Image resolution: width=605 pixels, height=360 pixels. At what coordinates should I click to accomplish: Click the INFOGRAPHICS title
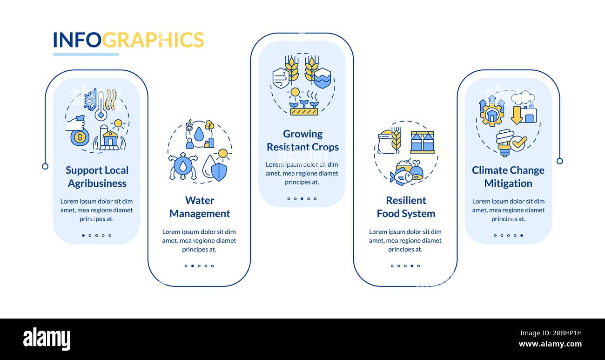pyautogui.click(x=128, y=40)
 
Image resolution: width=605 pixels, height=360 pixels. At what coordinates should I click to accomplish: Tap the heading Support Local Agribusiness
pyautogui.click(x=97, y=177)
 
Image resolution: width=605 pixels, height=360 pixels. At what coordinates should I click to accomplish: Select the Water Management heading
pyautogui.click(x=200, y=207)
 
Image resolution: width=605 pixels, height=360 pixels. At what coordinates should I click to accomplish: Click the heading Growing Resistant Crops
pyautogui.click(x=302, y=141)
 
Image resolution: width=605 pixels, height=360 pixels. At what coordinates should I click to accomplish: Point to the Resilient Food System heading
pyautogui.click(x=406, y=207)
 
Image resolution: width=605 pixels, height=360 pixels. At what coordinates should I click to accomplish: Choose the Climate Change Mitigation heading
pyautogui.click(x=508, y=177)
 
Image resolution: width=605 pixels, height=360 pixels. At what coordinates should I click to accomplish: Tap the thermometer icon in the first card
pyautogui.click(x=101, y=106)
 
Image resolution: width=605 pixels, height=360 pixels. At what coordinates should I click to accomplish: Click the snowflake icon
pyautogui.click(x=90, y=100)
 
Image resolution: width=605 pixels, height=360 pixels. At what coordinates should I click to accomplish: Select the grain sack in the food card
pyautogui.click(x=387, y=142)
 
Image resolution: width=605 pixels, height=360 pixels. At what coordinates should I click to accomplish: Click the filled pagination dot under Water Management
pyautogui.click(x=192, y=266)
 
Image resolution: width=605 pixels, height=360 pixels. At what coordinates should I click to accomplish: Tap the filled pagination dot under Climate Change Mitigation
pyautogui.click(x=522, y=235)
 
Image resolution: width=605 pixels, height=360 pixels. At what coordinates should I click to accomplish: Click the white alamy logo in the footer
pyautogui.click(x=47, y=339)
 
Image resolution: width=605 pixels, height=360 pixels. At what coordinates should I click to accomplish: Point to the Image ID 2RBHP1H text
pyautogui.click(x=551, y=333)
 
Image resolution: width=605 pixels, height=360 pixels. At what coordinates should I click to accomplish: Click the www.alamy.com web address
pyautogui.click(x=550, y=344)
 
